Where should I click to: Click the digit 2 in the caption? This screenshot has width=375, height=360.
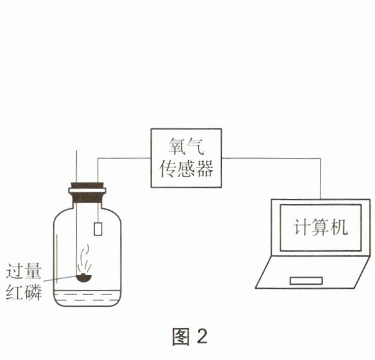tap(202, 336)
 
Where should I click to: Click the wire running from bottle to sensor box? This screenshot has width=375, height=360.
tap(124, 157)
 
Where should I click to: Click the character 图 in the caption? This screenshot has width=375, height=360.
tap(180, 336)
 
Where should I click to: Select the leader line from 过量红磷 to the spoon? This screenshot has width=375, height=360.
tap(59, 279)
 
